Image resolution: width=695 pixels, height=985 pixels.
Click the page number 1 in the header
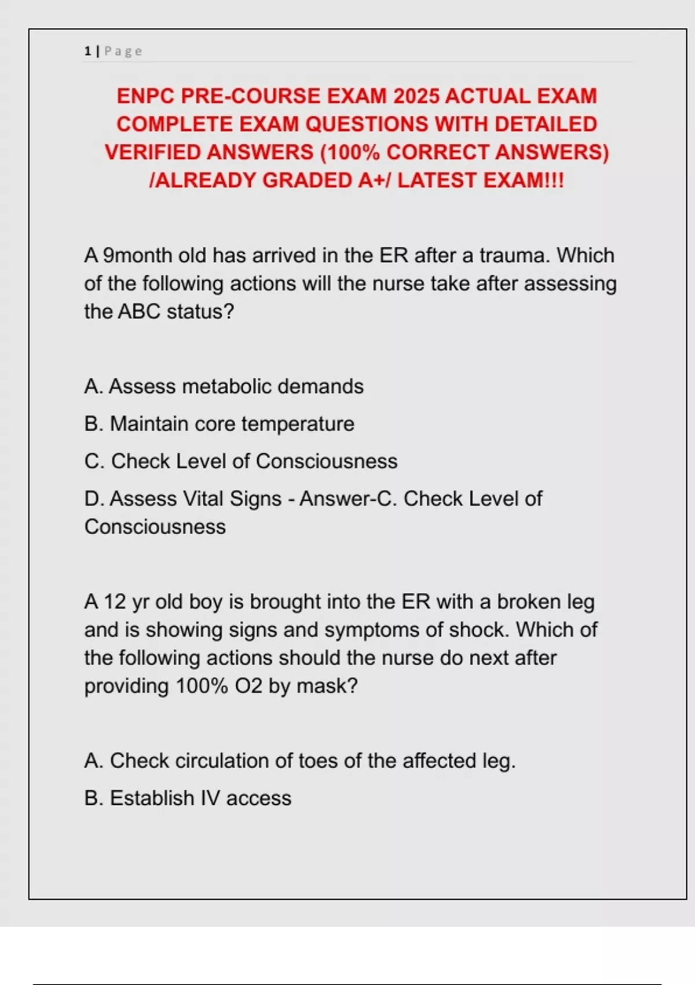coord(87,52)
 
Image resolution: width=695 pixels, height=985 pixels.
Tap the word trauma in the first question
coord(514,256)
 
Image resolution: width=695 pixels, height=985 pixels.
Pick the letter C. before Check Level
coord(94,461)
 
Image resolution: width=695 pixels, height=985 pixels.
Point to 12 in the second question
coord(115,602)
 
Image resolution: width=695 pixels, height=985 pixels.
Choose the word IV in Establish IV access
coord(210,798)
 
